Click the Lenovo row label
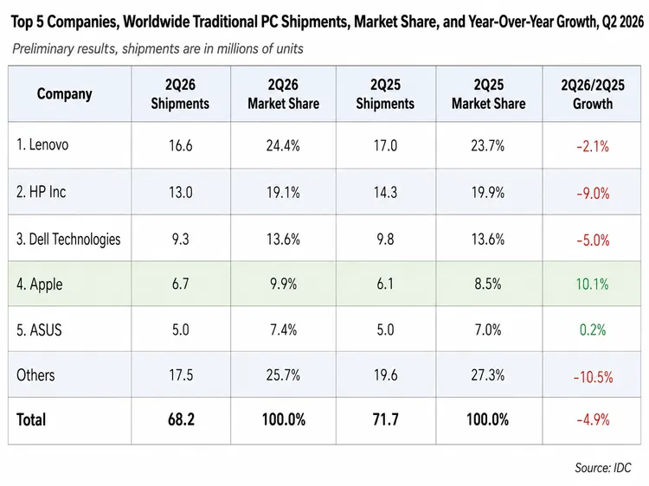click(42, 144)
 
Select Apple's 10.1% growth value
click(592, 285)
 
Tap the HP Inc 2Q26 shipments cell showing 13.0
click(181, 192)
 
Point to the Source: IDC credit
click(602, 468)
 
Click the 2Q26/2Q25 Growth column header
click(593, 94)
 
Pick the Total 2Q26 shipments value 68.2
click(181, 419)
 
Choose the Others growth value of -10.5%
click(593, 377)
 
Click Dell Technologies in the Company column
click(68, 239)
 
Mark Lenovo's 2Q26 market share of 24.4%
click(283, 145)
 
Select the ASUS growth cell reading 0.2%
click(593, 329)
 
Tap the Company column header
click(64, 94)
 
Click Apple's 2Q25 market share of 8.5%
click(488, 285)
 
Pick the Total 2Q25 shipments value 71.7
click(385, 419)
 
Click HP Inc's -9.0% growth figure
click(593, 193)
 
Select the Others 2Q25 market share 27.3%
click(487, 375)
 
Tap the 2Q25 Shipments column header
click(385, 94)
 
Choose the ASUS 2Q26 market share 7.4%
click(284, 329)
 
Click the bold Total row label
click(31, 419)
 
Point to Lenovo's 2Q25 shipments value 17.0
click(385, 145)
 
